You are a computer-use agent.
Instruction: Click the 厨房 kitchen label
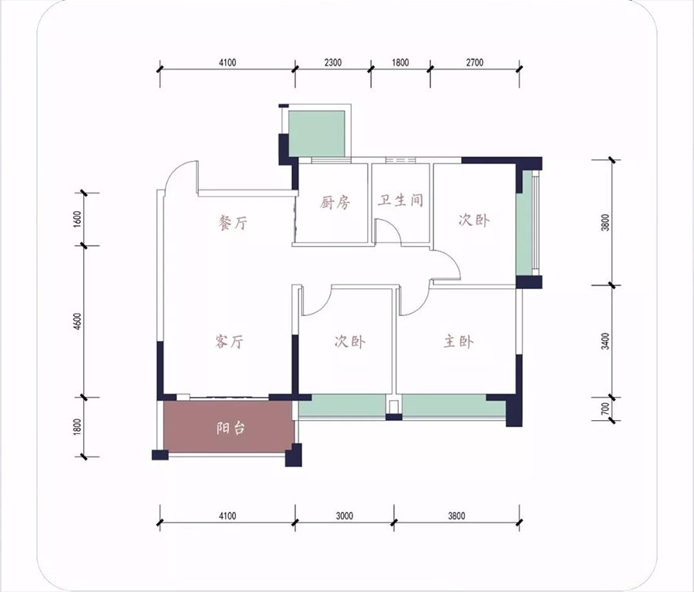point(335,203)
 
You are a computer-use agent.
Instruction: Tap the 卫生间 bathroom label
point(400,200)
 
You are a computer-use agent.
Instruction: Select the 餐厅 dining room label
point(233,223)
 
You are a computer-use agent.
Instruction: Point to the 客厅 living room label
point(229,341)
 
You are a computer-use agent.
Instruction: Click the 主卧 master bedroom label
point(459,341)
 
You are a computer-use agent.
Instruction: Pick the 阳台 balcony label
point(231,428)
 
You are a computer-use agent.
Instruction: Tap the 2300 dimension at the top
point(333,62)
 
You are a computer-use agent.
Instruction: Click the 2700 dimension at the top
point(474,62)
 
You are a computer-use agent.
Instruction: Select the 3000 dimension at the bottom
point(345,516)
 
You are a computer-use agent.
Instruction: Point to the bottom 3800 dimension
point(456,516)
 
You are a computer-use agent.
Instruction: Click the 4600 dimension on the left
point(78,321)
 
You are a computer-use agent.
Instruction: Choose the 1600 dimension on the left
point(78,220)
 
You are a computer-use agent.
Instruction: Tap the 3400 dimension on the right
point(605,341)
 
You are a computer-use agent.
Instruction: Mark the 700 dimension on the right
point(605,409)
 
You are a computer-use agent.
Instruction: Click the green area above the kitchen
point(316,133)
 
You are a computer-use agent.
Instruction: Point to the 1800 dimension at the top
point(400,62)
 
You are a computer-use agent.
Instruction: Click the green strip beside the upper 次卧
point(524,223)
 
